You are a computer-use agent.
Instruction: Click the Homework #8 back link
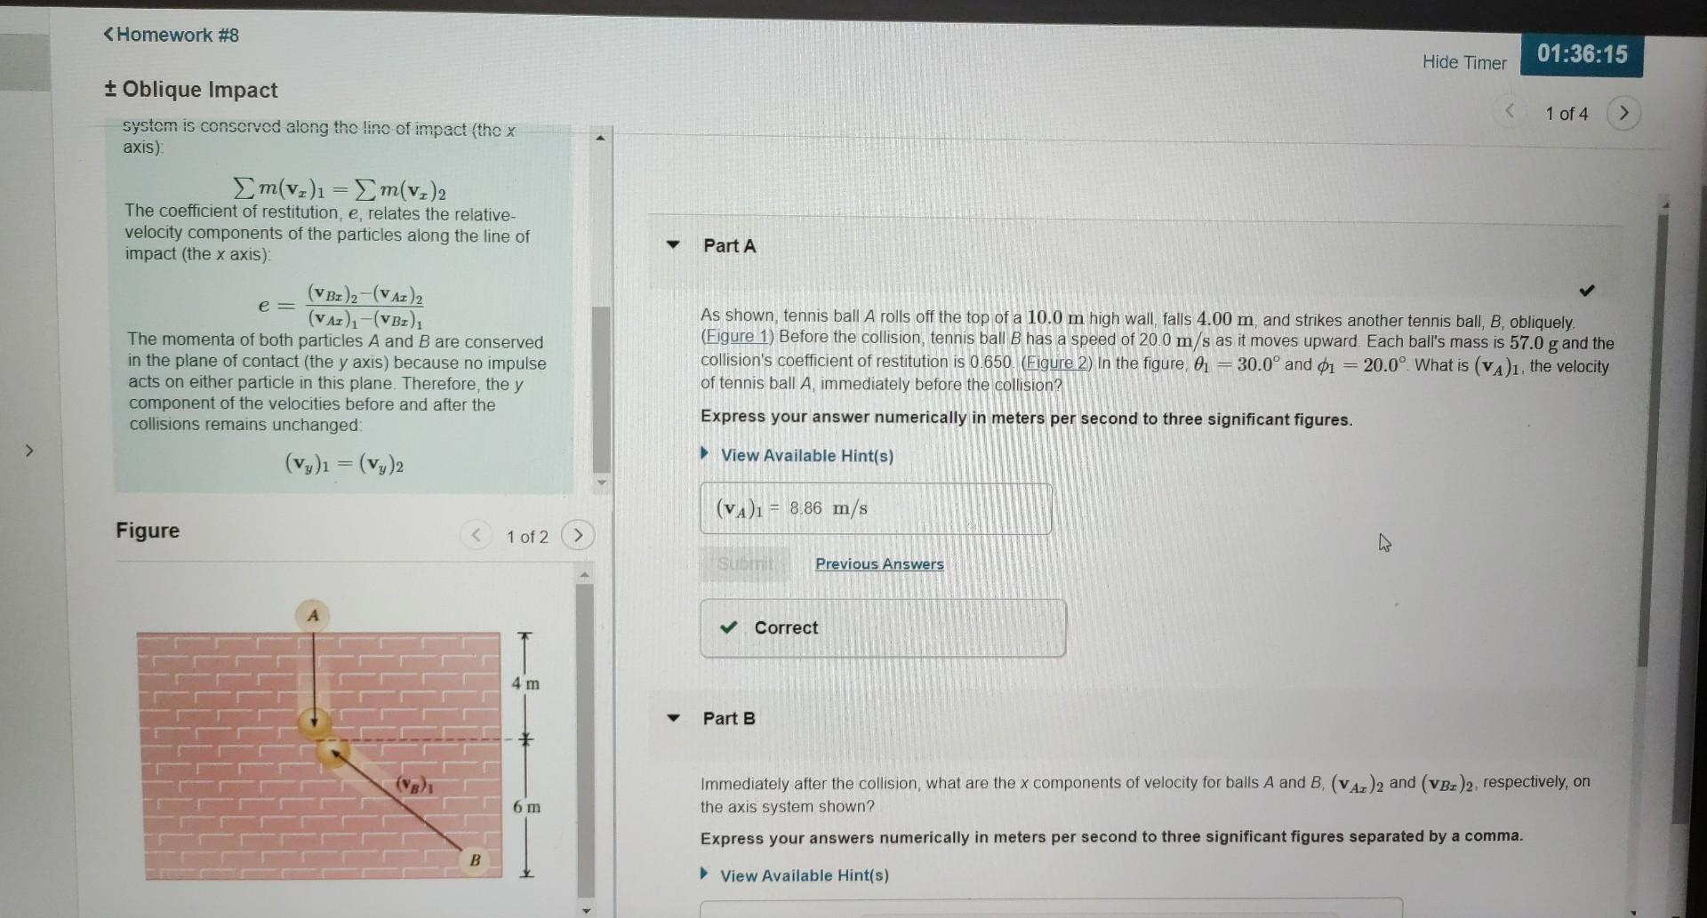pyautogui.click(x=172, y=35)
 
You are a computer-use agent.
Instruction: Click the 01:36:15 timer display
pyautogui.click(x=1582, y=54)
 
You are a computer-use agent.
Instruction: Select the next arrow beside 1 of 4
pyautogui.click(x=1623, y=114)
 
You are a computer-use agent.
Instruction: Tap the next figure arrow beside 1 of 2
pyautogui.click(x=578, y=535)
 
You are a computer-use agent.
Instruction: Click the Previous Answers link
pyautogui.click(x=879, y=563)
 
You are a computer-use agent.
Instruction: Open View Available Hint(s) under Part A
pyautogui.click(x=806, y=455)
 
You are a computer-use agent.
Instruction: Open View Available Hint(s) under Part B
pyautogui.click(x=804, y=875)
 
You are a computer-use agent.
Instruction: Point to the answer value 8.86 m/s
pyautogui.click(x=828, y=508)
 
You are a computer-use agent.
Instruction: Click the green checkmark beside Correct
pyautogui.click(x=729, y=627)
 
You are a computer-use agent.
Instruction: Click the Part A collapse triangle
pyautogui.click(x=673, y=244)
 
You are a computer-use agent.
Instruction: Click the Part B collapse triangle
pyautogui.click(x=673, y=717)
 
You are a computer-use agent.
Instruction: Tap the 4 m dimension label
pyautogui.click(x=525, y=683)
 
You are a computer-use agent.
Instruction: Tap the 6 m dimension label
pyautogui.click(x=526, y=807)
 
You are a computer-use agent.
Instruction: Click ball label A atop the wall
pyautogui.click(x=312, y=615)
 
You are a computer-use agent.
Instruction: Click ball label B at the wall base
pyautogui.click(x=475, y=859)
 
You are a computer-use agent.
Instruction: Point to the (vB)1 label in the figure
pyautogui.click(x=414, y=785)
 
